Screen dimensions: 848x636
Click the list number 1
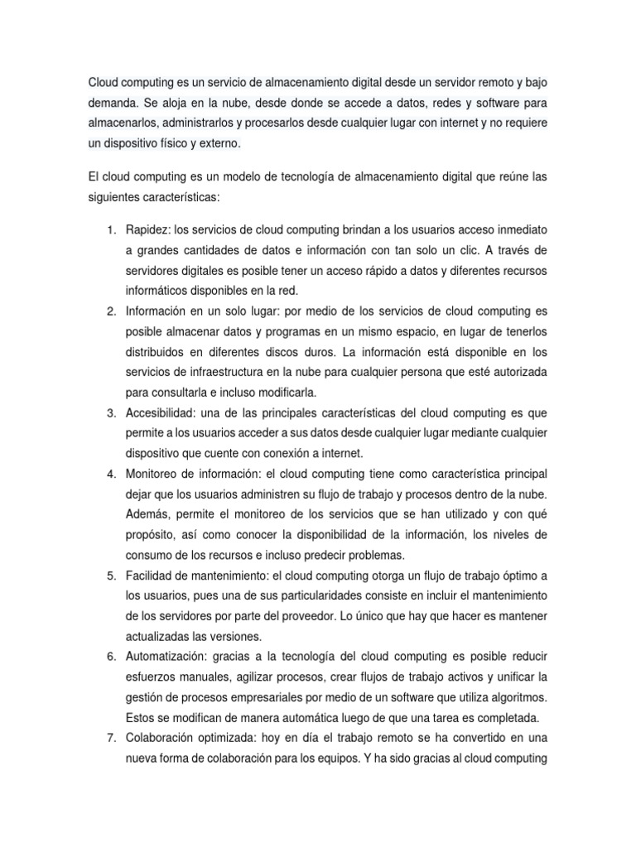click(112, 229)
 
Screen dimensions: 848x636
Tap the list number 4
click(112, 474)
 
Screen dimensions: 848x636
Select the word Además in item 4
click(147, 513)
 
